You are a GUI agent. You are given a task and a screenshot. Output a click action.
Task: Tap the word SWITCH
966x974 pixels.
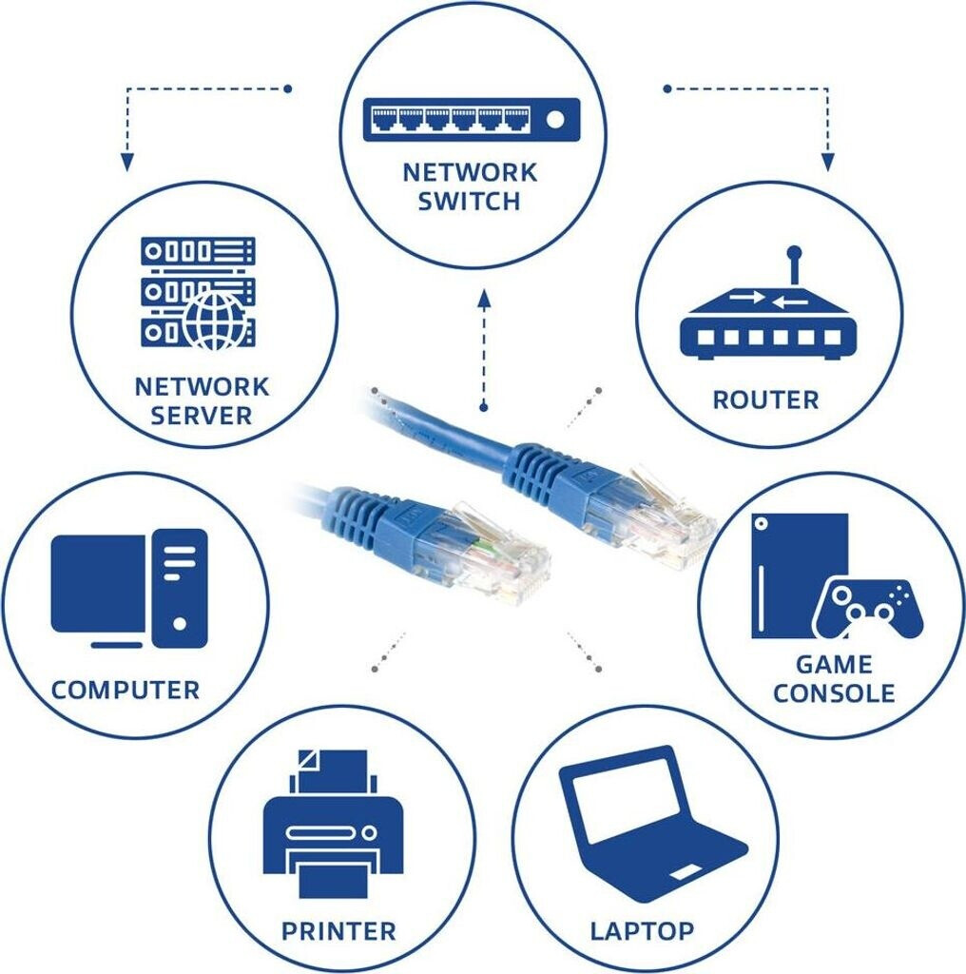[470, 201]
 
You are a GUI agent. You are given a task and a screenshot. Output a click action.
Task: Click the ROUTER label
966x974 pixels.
[765, 399]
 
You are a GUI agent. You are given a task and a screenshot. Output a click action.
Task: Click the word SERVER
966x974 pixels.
[202, 416]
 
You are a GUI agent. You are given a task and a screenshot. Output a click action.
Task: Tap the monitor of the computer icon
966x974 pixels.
[99, 583]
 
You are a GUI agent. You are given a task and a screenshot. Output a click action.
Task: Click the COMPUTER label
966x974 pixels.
[126, 690]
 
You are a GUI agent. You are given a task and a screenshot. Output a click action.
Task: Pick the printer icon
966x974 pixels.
[333, 824]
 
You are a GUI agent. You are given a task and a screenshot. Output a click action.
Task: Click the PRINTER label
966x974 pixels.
[338, 929]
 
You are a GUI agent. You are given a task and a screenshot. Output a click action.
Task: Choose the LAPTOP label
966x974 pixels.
[642, 929]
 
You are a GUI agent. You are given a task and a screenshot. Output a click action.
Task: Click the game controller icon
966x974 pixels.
[867, 608]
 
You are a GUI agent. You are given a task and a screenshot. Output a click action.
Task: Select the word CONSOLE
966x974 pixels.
[834, 692]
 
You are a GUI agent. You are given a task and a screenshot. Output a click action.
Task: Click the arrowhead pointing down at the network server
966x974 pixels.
[126, 163]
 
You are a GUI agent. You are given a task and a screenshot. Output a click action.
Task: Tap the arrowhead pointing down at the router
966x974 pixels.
[827, 163]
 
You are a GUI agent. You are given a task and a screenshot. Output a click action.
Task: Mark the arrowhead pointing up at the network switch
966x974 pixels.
[484, 301]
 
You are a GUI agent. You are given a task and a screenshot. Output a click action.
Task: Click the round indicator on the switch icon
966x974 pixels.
[556, 119]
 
